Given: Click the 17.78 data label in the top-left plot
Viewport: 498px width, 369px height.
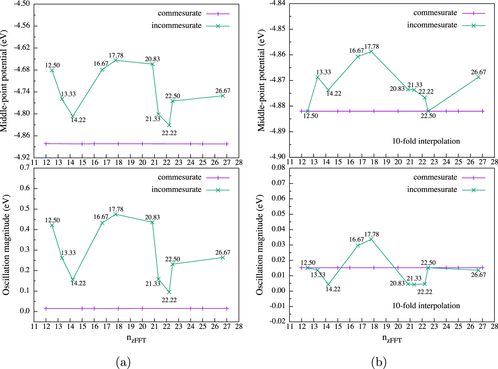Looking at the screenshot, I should tap(116, 55).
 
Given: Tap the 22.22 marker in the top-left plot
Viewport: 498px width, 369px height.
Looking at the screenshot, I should tap(169, 125).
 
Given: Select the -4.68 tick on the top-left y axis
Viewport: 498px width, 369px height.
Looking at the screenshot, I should tap(22, 70).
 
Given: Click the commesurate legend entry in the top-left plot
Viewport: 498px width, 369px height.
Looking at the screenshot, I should tap(180, 13).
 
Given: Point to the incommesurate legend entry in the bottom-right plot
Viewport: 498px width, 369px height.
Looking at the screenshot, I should tap(432, 190).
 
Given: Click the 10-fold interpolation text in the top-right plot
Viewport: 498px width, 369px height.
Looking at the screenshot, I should tap(426, 141).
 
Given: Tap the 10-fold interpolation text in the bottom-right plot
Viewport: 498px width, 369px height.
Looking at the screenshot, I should tap(426, 306).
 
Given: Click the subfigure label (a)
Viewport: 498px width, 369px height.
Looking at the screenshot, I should tap(123, 361).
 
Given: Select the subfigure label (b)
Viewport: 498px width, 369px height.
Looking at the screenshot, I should tap(379, 361).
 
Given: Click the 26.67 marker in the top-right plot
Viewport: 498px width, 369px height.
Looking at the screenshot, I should tap(478, 77).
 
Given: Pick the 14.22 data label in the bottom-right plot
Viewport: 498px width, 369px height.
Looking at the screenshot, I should tap(333, 289).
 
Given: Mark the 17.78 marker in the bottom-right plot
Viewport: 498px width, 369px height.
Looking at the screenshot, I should tap(371, 239).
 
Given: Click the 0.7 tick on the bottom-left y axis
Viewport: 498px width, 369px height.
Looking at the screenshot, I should tap(25, 167).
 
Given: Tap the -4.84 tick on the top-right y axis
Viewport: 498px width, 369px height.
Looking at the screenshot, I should tap(277, 3).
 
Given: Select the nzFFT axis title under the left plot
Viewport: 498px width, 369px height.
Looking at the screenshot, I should tap(136, 339).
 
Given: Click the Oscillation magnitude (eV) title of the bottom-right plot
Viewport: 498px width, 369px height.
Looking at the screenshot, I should tap(260, 245).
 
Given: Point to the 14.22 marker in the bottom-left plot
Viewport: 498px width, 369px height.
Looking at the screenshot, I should tap(73, 279).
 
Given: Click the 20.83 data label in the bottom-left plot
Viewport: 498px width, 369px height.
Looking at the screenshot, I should tap(152, 217).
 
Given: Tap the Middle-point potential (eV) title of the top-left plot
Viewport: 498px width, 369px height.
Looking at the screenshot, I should tap(4, 81).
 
